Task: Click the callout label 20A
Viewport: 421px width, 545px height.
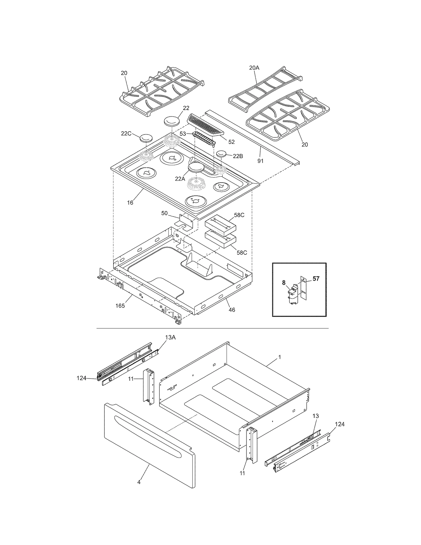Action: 254,68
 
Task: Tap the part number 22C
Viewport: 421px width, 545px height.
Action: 126,133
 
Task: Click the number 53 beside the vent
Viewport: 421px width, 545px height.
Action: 183,134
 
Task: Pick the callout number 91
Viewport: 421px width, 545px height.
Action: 260,161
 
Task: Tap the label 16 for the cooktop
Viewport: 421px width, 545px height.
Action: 130,203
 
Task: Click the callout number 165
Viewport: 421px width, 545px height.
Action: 120,306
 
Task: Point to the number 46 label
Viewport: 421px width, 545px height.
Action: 232,310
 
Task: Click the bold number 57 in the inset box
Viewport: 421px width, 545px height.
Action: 316,279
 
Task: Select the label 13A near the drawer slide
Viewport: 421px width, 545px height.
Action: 170,337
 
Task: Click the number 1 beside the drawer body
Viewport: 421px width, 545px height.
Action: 280,357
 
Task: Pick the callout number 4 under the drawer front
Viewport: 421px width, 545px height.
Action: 139,482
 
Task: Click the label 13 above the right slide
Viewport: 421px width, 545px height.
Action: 315,416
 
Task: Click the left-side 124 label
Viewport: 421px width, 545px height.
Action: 82,378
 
